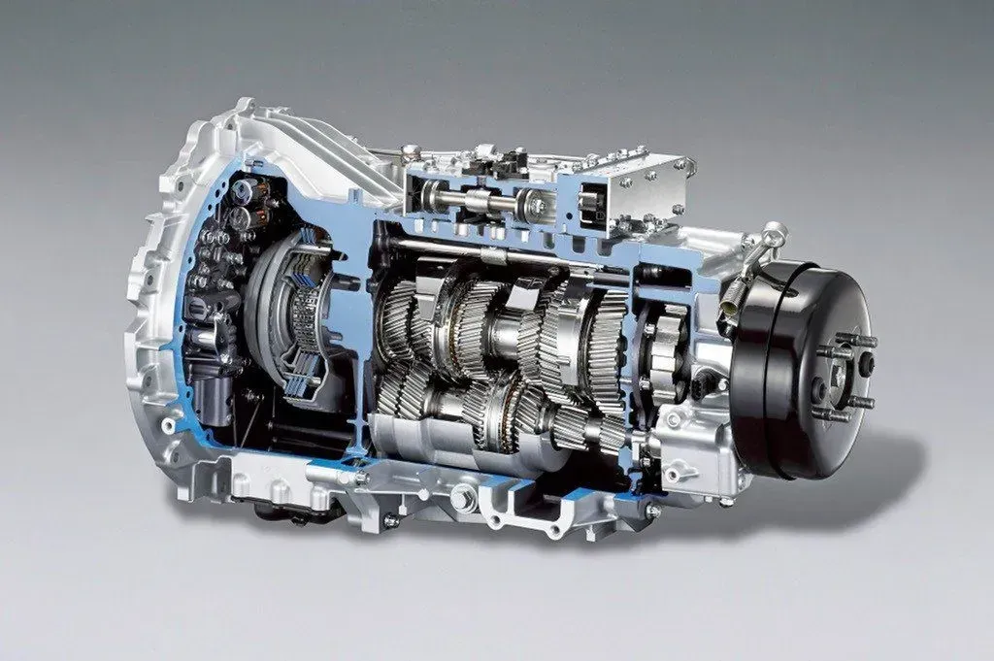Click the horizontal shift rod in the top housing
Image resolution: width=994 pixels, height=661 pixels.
pyautogui.click(x=476, y=205)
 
